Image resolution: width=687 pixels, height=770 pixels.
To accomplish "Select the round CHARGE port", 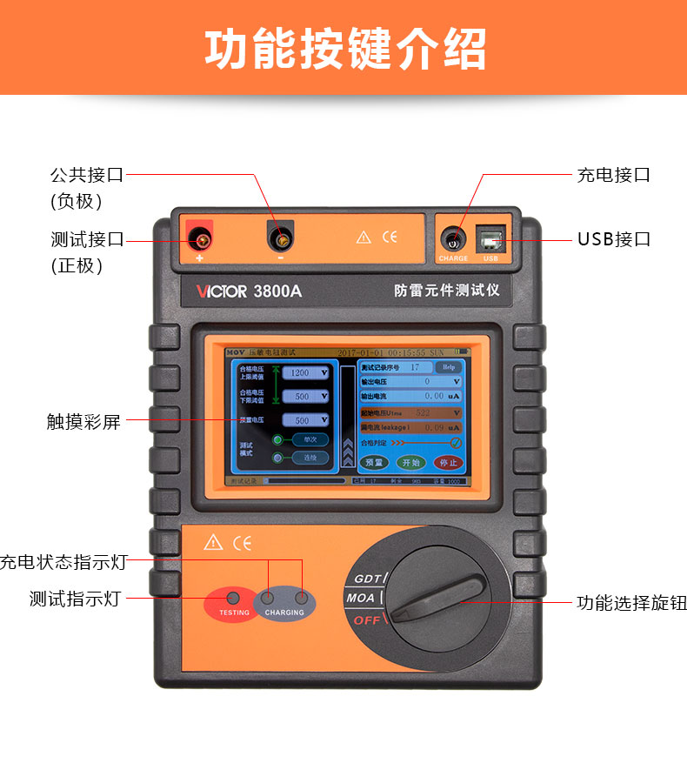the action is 452,238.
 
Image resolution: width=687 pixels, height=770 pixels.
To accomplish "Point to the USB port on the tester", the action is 489,238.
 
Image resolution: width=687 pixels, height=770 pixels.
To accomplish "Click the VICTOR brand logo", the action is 222,291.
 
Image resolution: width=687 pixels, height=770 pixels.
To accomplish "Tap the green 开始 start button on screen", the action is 409,462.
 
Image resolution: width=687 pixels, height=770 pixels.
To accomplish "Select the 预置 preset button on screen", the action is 373,462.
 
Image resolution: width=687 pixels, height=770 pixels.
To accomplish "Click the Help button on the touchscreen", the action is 449,367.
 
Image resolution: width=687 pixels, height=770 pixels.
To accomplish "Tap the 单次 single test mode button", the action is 310,439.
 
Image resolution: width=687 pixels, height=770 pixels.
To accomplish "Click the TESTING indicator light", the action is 233,598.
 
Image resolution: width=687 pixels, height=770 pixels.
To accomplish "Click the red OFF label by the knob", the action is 366,620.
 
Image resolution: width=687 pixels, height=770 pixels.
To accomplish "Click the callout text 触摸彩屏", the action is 83,422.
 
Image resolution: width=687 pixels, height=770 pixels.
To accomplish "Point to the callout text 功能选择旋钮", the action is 631,602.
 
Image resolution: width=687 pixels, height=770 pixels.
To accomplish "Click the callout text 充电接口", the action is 614,174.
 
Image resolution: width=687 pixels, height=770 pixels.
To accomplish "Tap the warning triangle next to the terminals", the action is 364,237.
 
